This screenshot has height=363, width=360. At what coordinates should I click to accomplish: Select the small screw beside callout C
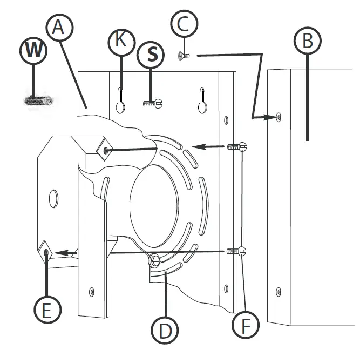click(184, 54)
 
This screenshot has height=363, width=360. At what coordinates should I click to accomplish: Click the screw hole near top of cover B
click(278, 116)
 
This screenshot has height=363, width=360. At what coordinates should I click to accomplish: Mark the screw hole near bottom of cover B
click(279, 292)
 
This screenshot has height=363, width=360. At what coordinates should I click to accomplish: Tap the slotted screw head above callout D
click(155, 261)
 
